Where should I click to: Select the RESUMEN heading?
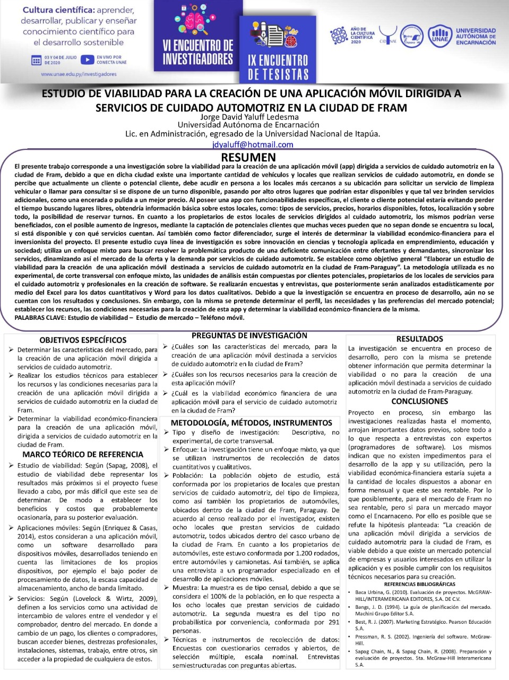[x=248, y=157]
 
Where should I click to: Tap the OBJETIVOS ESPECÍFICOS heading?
[x=83, y=340]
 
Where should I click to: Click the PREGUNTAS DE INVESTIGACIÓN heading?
[x=249, y=336]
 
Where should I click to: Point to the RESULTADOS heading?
[x=419, y=339]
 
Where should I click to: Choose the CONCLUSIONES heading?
[x=419, y=402]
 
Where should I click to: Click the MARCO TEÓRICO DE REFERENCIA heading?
[x=83, y=455]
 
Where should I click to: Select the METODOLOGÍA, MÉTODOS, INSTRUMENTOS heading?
[x=251, y=423]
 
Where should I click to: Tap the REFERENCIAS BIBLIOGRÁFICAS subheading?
[x=419, y=584]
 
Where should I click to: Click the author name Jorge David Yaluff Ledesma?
[x=249, y=117]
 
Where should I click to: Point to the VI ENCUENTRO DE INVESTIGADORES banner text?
[x=197, y=52]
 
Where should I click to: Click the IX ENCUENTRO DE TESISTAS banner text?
[x=278, y=67]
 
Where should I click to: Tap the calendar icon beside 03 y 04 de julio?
[x=36, y=60]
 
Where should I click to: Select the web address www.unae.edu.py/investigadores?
[x=79, y=74]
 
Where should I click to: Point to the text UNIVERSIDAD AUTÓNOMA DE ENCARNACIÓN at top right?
[x=476, y=37]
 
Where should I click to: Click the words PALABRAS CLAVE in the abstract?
[x=37, y=318]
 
